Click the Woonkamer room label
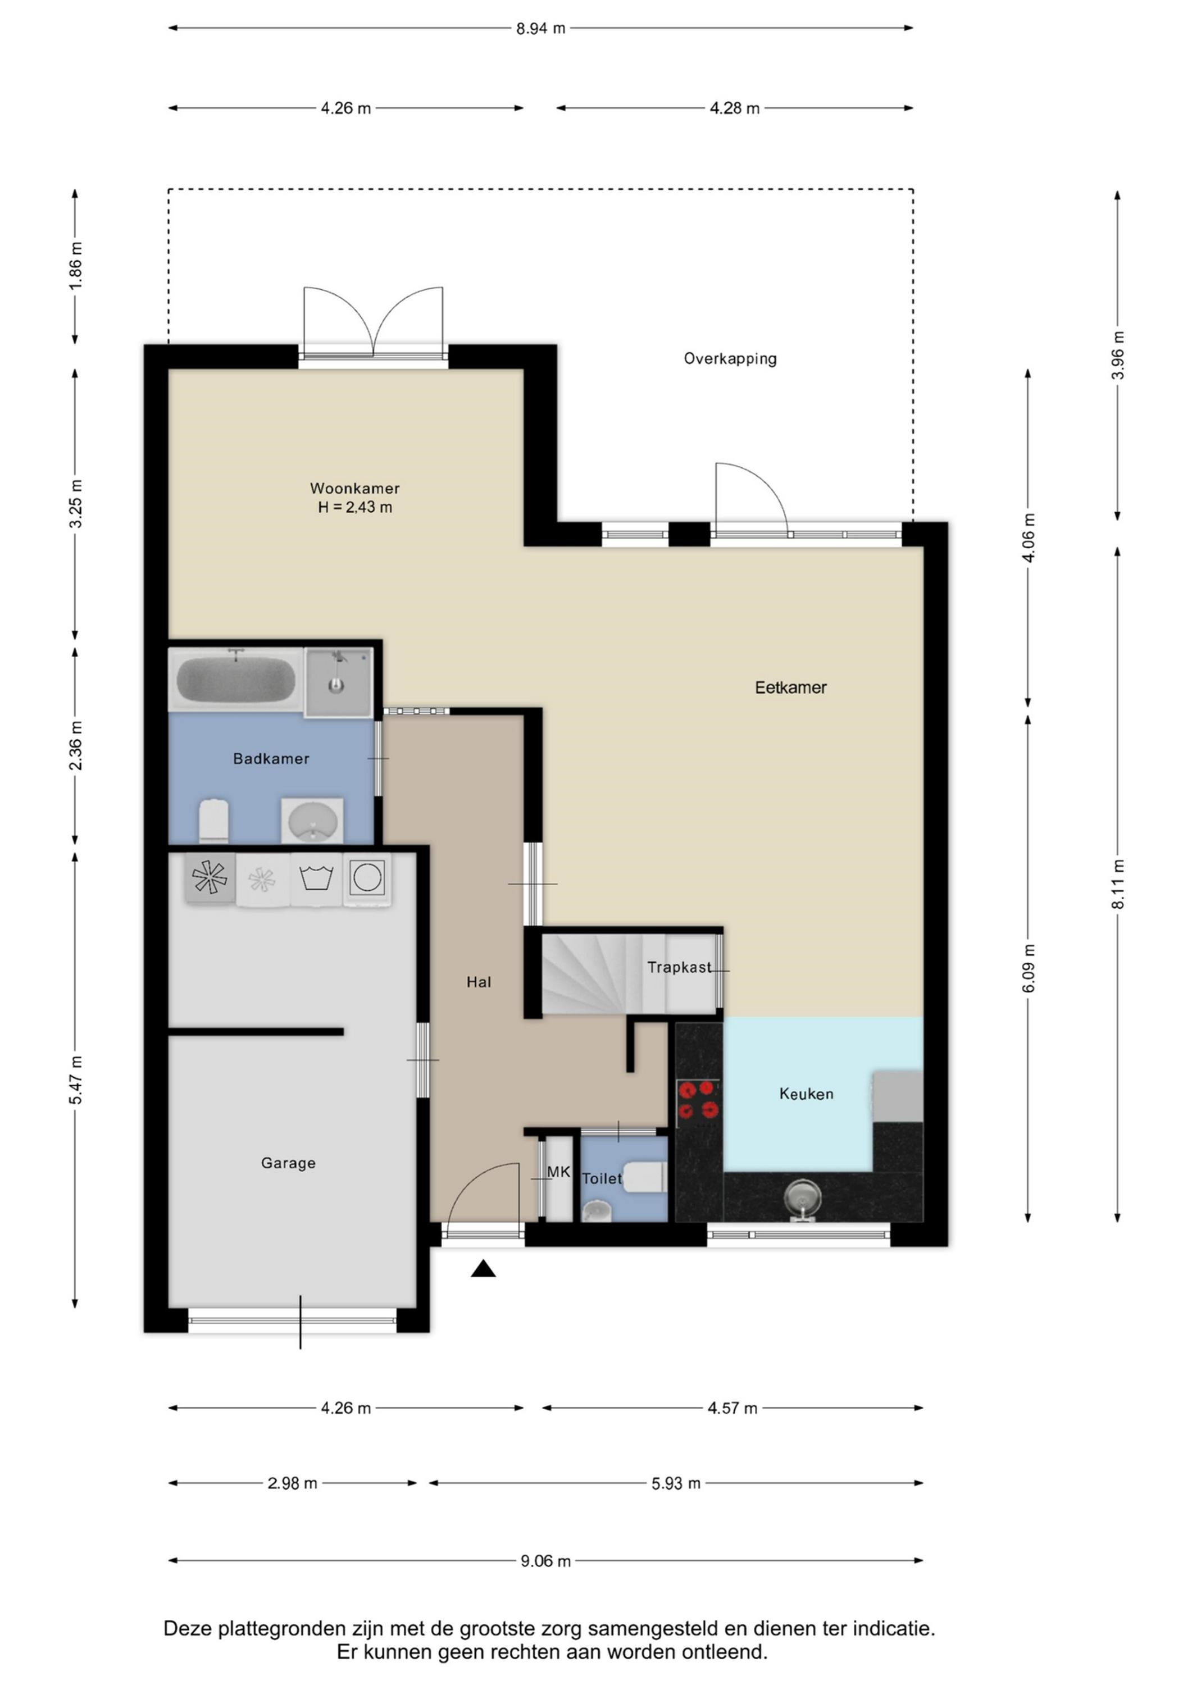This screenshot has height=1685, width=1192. click(x=354, y=489)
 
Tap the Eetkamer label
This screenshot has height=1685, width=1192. click(x=790, y=687)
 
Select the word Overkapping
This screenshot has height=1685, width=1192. click(x=730, y=359)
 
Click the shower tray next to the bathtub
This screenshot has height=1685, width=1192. click(x=338, y=682)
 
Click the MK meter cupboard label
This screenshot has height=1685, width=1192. click(x=558, y=1172)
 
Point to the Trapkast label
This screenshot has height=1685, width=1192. click(x=679, y=967)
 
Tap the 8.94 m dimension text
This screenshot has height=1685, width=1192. click(x=541, y=29)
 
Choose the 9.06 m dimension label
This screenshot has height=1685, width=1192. click(x=545, y=1561)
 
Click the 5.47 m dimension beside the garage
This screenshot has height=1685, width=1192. click(x=76, y=1080)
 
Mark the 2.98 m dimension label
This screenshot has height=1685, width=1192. click(x=292, y=1483)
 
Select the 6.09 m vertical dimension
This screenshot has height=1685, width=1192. click(x=1029, y=968)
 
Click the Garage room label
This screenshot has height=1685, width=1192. click(x=289, y=1163)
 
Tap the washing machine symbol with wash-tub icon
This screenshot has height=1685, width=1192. click(x=316, y=878)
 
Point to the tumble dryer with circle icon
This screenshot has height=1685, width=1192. click(x=366, y=878)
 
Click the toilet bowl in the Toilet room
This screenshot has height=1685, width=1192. click(x=643, y=1178)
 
